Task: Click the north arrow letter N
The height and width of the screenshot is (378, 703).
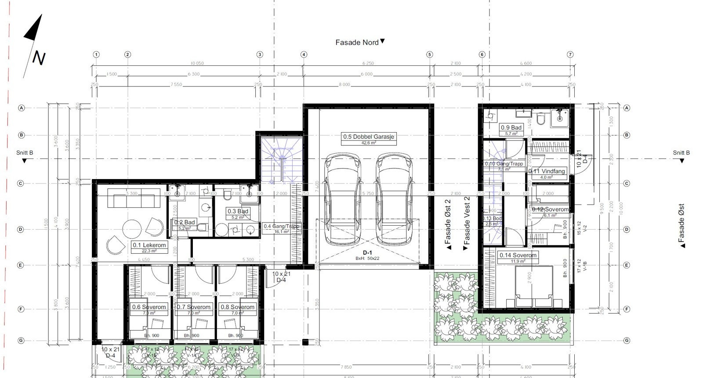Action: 39,58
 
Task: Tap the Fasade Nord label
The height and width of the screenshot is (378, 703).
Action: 357,43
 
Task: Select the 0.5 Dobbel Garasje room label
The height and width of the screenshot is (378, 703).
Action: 369,137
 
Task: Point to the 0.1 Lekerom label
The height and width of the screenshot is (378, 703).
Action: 149,245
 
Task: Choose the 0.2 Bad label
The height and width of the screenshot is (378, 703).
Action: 185,223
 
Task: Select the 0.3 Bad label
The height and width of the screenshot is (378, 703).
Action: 238,212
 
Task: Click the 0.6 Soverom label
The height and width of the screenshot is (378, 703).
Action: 149,307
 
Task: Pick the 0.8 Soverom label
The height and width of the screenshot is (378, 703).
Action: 237,307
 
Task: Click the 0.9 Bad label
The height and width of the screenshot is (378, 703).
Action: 511,128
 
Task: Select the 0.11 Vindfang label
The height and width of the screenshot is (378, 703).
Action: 547,171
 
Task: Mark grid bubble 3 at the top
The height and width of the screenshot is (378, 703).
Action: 260,54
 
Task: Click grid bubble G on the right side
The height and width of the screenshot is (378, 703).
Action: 627,340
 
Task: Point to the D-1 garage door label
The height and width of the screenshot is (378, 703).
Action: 367,253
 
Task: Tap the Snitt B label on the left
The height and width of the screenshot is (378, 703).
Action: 25,153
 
